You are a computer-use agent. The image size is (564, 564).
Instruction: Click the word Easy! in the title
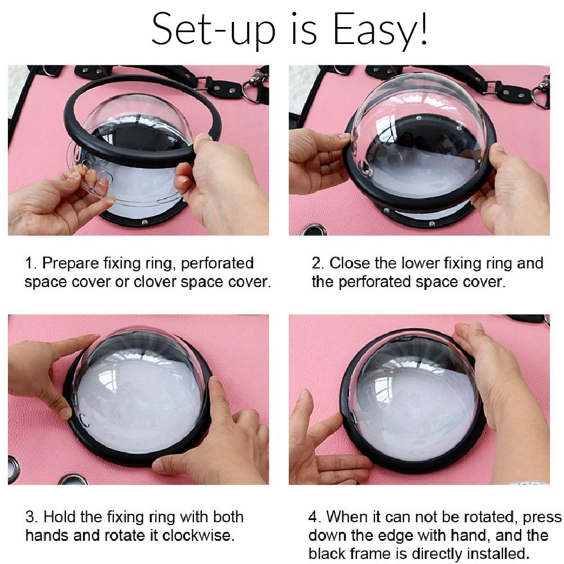[x=381, y=29]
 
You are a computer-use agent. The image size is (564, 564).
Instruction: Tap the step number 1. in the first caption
[x=30, y=263]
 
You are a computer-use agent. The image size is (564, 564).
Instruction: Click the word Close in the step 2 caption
[x=350, y=263]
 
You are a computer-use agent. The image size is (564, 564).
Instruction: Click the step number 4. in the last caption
[x=314, y=517]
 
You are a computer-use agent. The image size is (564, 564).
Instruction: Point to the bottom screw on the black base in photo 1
[x=144, y=222]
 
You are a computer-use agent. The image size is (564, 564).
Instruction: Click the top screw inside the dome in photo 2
[x=418, y=118]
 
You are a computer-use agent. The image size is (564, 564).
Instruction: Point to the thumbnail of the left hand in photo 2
[x=344, y=137]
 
